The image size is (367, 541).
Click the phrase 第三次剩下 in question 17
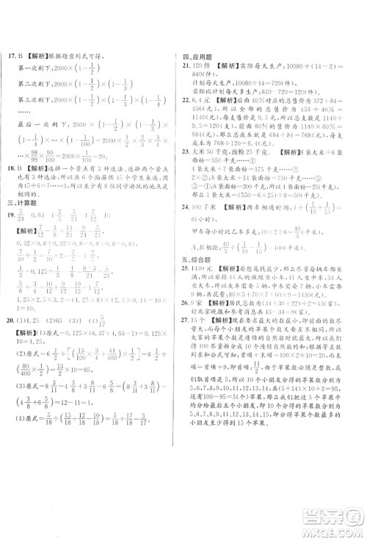[32, 121]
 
